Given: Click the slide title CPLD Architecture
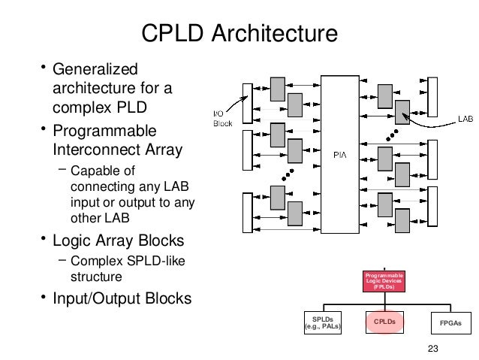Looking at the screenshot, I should point(239,34).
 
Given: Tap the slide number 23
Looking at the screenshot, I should point(430,346).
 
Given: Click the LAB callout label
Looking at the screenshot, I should point(465,118).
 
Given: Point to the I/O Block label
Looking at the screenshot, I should point(218,118).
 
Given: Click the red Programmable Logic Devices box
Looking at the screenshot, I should point(384,281).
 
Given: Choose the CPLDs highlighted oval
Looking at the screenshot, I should point(384,322).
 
